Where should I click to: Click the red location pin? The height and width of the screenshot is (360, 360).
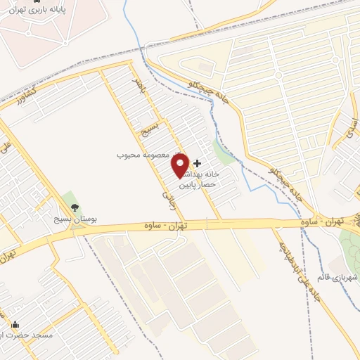point(181,165)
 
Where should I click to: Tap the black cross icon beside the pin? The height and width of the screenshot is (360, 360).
point(197,163)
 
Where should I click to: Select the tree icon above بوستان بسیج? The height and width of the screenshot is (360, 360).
point(75,207)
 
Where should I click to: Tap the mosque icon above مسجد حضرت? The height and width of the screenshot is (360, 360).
point(15,325)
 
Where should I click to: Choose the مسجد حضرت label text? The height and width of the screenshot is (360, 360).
point(31,335)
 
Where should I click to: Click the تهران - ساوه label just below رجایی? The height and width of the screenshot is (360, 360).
point(191,226)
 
